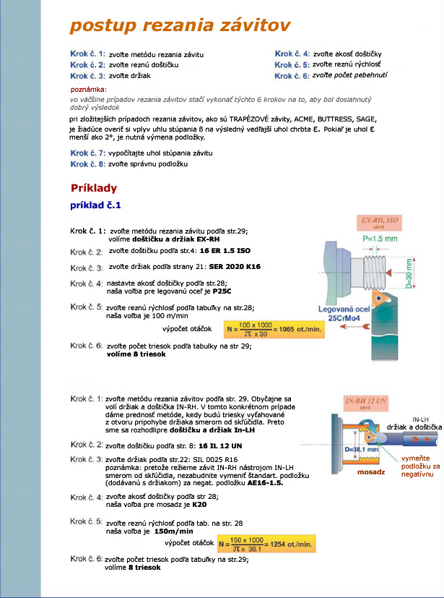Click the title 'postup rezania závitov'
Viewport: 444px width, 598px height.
pyautogui.click(x=180, y=26)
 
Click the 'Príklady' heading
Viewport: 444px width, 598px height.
pyautogui.click(x=94, y=188)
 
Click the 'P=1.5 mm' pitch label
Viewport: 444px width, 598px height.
pyautogui.click(x=382, y=239)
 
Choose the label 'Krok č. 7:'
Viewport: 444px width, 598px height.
pyautogui.click(x=87, y=153)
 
